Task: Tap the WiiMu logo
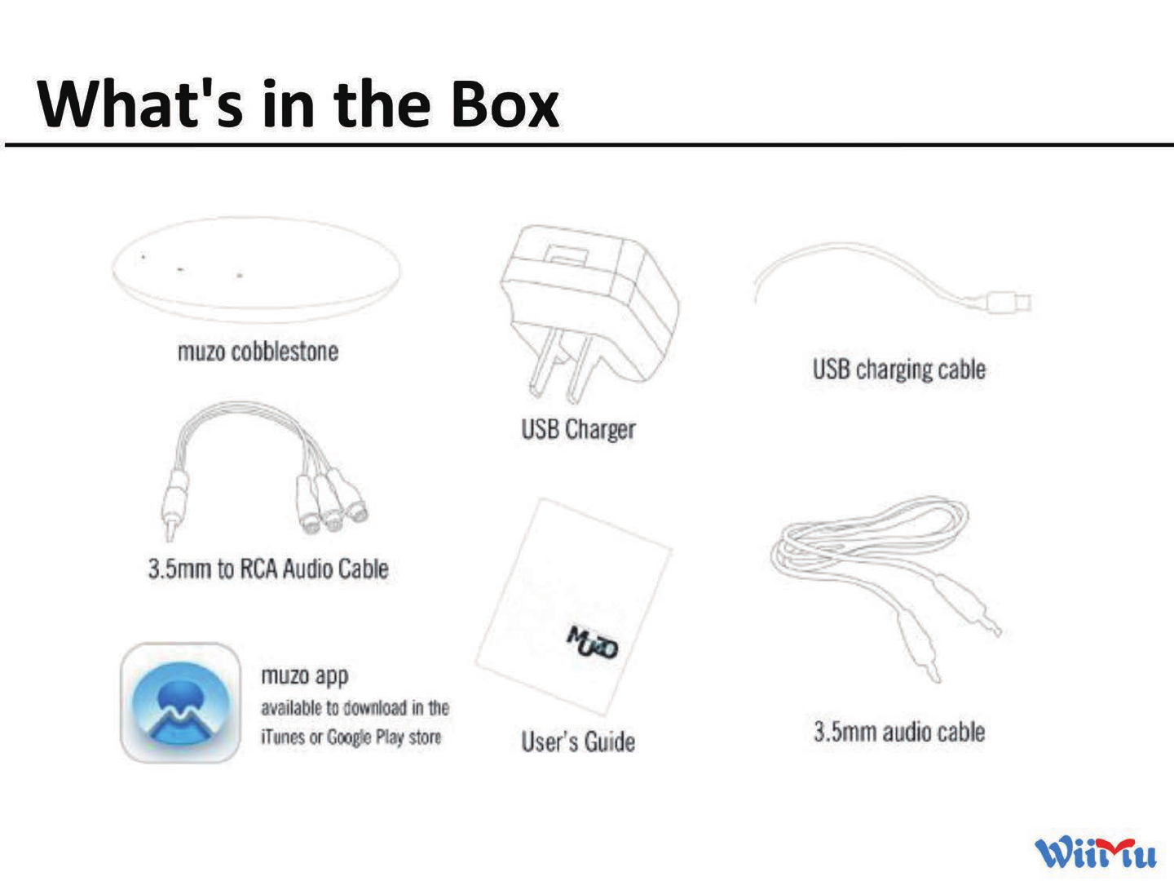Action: click(1095, 852)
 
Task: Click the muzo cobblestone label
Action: click(258, 352)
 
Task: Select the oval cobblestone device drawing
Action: click(257, 270)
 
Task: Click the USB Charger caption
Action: click(578, 429)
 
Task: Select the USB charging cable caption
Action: click(898, 370)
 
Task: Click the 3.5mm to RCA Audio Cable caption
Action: click(267, 569)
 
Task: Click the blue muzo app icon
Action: click(180, 703)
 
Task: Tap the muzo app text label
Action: click(304, 676)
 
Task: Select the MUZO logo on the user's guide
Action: click(594, 643)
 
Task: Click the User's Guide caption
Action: click(578, 742)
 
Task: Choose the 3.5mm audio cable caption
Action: click(898, 732)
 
